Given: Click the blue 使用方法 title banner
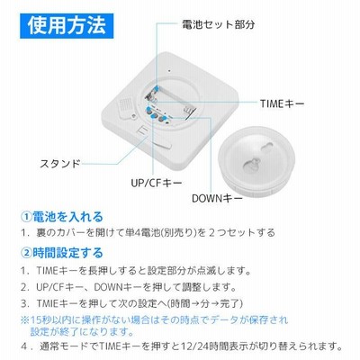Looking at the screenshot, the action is point(67,26).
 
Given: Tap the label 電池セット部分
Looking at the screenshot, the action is point(219,24).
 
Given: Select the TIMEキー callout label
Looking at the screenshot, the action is point(282,103).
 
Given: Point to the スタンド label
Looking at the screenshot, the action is point(60,164).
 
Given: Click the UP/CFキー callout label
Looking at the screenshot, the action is point(157,183).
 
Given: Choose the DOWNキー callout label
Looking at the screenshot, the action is point(217,198).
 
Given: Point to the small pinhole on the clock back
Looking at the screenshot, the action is point(169,71).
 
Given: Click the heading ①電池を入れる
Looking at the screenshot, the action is point(62,217).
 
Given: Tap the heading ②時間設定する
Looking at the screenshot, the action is point(62,253).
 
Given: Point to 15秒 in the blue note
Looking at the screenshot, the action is point(38,320).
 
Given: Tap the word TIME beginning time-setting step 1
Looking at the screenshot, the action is point(47,271).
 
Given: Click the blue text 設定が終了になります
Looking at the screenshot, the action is point(82,331).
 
